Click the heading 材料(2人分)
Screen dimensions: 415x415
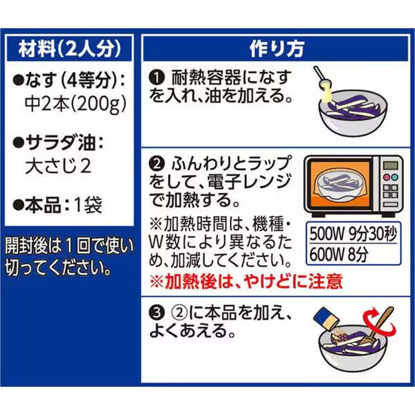70,49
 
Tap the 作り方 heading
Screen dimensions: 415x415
276,49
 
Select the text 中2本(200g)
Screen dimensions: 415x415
75,104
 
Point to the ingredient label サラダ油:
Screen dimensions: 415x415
58,143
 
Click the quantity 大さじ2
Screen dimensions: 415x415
58,166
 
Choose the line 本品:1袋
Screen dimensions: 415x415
58,205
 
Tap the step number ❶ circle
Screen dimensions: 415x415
157,77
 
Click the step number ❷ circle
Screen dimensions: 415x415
157,164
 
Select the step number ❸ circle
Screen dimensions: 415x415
157,313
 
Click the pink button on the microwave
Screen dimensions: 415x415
386,177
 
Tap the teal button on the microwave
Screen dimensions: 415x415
395,177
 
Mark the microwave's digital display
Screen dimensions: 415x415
391,165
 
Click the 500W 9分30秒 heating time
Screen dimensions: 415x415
353,234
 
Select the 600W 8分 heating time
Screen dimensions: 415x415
339,255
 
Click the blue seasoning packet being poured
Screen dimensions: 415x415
326,318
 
